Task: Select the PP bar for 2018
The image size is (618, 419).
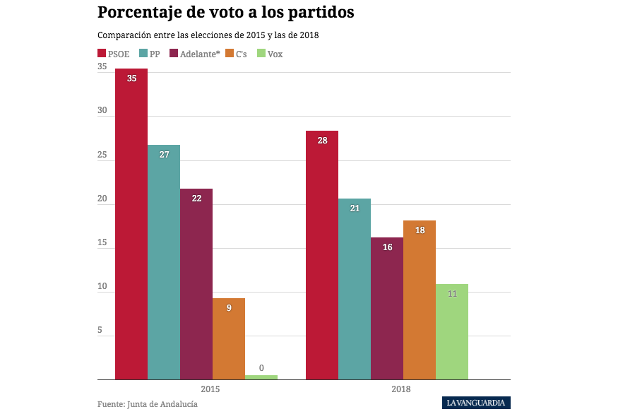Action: pyautogui.click(x=355, y=289)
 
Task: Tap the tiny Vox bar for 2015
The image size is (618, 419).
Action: pyautogui.click(x=261, y=377)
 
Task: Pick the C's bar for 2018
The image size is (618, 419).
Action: pyautogui.click(x=420, y=300)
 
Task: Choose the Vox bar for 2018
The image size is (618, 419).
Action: pyautogui.click(x=452, y=332)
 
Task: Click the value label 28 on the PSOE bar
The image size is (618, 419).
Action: pyautogui.click(x=322, y=141)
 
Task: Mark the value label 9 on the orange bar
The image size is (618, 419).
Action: pyautogui.click(x=229, y=308)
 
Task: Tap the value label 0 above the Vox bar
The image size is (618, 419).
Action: pyautogui.click(x=261, y=368)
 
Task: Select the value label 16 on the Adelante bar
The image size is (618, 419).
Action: pyautogui.click(x=387, y=247)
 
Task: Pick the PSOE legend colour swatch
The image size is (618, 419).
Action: pyautogui.click(x=102, y=54)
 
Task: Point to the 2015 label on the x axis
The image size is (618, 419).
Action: pyautogui.click(x=210, y=389)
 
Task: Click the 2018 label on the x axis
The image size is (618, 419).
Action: pyautogui.click(x=400, y=389)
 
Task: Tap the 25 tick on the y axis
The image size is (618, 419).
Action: pyautogui.click(x=102, y=155)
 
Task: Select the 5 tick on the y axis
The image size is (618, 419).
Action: pyautogui.click(x=100, y=331)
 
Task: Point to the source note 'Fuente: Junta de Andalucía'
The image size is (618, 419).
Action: pyautogui.click(x=148, y=404)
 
